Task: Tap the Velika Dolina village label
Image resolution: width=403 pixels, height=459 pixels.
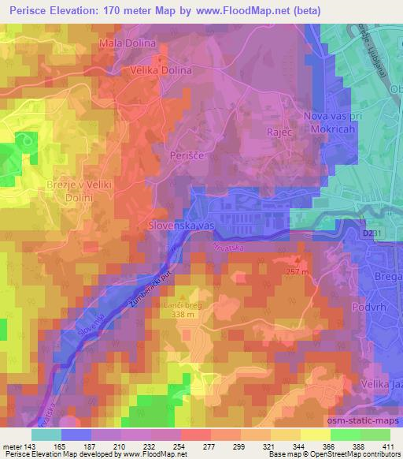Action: pos(161,69)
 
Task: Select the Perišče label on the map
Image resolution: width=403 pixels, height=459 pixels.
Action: pos(187,157)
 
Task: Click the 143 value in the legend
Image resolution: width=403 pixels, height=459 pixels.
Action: pos(31,448)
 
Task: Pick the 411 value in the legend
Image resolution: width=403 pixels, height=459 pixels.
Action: pos(390,448)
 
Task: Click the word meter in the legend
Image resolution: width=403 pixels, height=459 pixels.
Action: pos(12,448)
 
